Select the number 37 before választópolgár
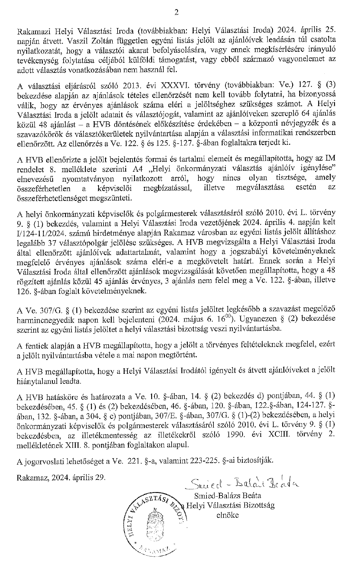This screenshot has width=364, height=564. click(x=50, y=242)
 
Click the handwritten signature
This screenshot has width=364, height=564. click(x=242, y=483)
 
